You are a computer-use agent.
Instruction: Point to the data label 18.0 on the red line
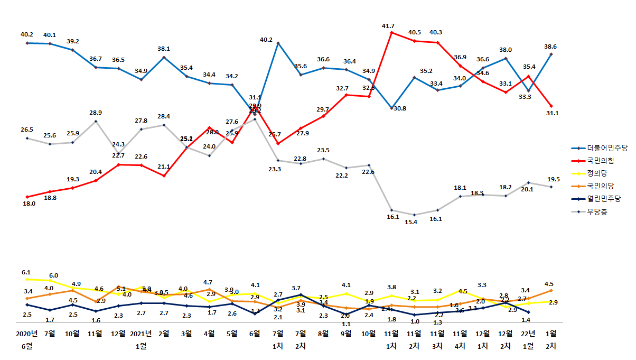(28, 204)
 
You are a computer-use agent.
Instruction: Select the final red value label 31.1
(553, 113)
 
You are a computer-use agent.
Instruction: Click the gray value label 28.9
(96, 113)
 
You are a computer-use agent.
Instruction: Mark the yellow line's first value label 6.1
(26, 272)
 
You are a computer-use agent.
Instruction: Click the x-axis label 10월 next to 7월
(72, 334)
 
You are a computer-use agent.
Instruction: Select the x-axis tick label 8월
(323, 334)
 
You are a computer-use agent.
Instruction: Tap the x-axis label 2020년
(27, 334)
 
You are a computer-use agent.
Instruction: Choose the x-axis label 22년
(528, 334)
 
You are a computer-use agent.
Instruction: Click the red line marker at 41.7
(391, 32)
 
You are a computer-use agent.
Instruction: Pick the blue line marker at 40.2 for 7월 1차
(278, 43)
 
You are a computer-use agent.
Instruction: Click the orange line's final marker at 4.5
(551, 290)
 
